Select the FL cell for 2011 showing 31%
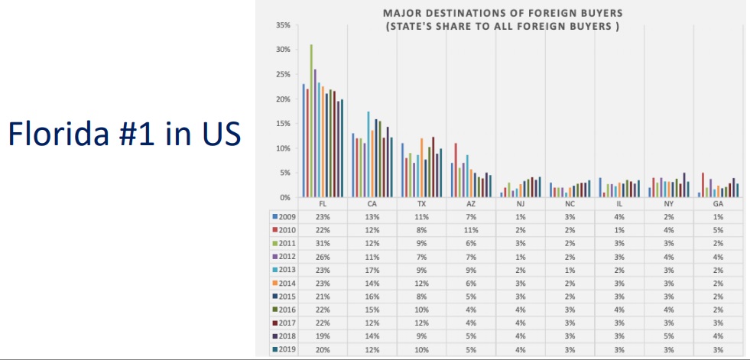click(x=323, y=243)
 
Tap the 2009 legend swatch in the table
click(x=275, y=216)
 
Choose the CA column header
click(x=372, y=203)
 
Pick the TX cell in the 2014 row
click(x=422, y=283)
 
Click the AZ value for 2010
click(x=471, y=230)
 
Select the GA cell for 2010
click(x=718, y=230)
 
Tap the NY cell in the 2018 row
click(x=668, y=336)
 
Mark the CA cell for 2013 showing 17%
click(x=372, y=269)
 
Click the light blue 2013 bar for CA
click(x=369, y=154)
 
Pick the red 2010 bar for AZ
click(x=456, y=170)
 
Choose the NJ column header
click(x=521, y=203)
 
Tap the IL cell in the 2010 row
click(x=619, y=230)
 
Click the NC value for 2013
click(x=570, y=269)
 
